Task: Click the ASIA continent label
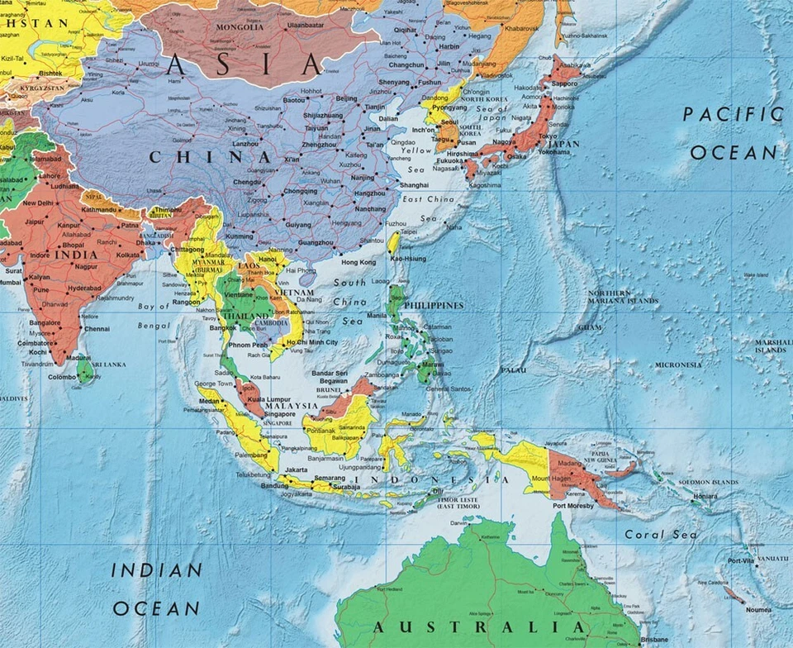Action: coord(243,64)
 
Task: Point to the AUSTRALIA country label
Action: coord(478,627)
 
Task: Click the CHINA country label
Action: coord(210,156)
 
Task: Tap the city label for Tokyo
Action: coord(548,136)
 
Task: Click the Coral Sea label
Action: coord(661,535)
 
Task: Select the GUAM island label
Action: coord(590,327)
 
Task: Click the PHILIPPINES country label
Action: coord(432,305)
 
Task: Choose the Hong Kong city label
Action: coord(358,262)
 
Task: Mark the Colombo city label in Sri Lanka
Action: coord(62,377)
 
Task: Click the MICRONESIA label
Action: coord(678,364)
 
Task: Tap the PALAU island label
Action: coord(513,369)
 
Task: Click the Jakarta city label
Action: coord(296,469)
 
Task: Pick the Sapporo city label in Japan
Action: coord(565,83)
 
